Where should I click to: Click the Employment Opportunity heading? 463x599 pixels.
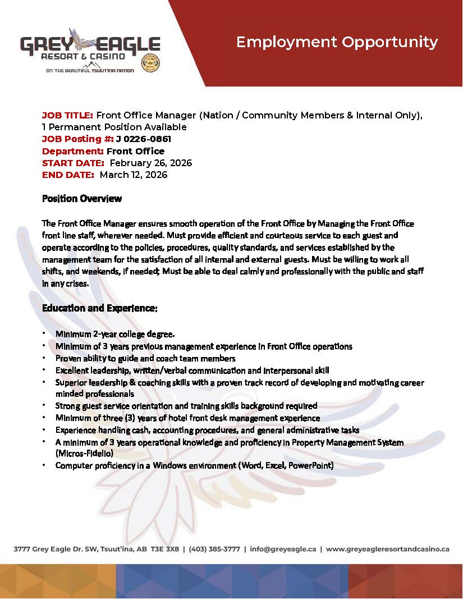click(337, 42)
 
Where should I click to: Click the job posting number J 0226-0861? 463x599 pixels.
click(143, 139)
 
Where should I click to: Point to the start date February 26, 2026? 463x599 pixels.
click(150, 163)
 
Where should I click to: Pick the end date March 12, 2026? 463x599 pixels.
click(134, 175)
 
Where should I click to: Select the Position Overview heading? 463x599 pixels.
click(82, 199)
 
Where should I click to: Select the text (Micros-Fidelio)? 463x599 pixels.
click(85, 452)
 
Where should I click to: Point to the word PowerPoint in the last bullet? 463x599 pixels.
click(312, 465)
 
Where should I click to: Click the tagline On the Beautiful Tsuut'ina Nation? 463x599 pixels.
click(90, 71)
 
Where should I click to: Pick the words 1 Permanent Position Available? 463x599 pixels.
click(114, 127)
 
